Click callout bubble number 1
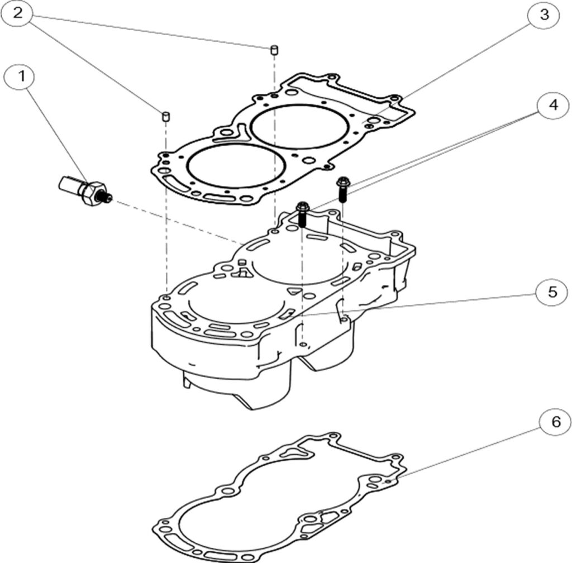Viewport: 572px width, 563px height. click(x=22, y=77)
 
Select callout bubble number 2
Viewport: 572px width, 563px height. click(x=18, y=13)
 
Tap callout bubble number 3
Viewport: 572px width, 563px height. click(x=545, y=15)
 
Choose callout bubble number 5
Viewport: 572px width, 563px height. click(x=552, y=293)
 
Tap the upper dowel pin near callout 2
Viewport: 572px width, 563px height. click(x=274, y=50)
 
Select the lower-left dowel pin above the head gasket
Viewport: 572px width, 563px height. click(x=166, y=116)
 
